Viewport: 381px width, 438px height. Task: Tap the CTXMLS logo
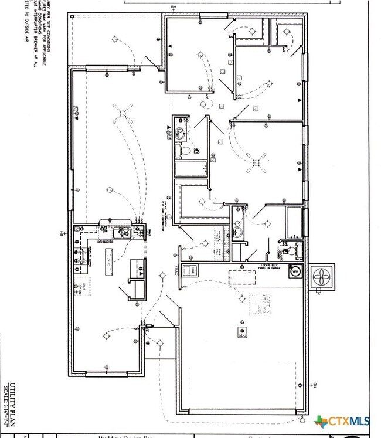[x=346, y=422]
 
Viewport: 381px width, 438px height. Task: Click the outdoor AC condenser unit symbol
[x=323, y=277]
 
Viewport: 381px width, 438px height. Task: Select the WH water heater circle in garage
[x=295, y=272]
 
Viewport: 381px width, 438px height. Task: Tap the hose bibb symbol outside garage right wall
[x=315, y=385]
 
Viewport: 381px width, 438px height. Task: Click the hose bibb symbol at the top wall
[x=172, y=7]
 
